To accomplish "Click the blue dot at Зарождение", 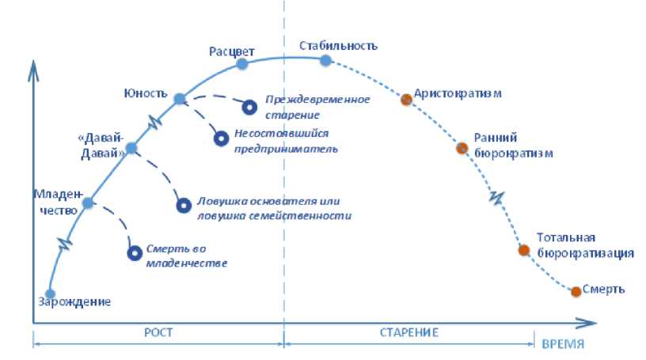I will (51, 294).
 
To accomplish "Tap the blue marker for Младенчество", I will (88, 203).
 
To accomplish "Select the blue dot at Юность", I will (179, 98).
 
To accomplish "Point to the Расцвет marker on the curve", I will (241, 62).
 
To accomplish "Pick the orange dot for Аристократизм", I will (406, 99).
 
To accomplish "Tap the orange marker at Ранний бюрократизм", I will (462, 147).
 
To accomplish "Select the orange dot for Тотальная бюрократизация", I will (523, 250).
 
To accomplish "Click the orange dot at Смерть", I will (576, 292).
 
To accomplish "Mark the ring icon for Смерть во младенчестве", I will (134, 253).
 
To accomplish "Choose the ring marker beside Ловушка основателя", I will (183, 205).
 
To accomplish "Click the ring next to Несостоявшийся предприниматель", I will (221, 138).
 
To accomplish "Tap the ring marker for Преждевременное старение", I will (249, 105).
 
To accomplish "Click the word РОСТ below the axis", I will (159, 332).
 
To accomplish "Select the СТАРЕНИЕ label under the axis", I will (408, 332).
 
